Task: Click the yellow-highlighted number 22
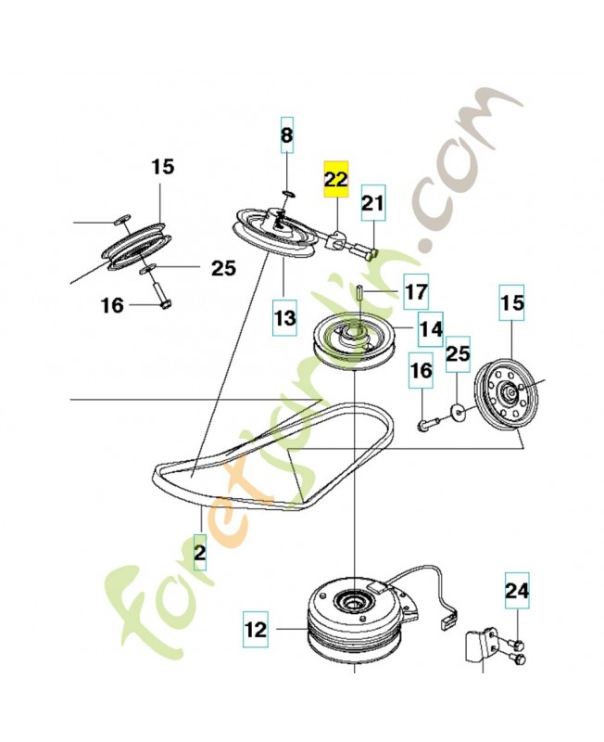(334, 180)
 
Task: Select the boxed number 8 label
(286, 137)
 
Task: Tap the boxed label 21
(371, 202)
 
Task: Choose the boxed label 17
(416, 291)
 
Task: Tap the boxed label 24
(515, 589)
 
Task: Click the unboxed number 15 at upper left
(162, 167)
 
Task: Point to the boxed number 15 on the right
(512, 302)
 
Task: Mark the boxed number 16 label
(422, 370)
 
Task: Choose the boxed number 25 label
(459, 353)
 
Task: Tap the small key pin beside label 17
(356, 291)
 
